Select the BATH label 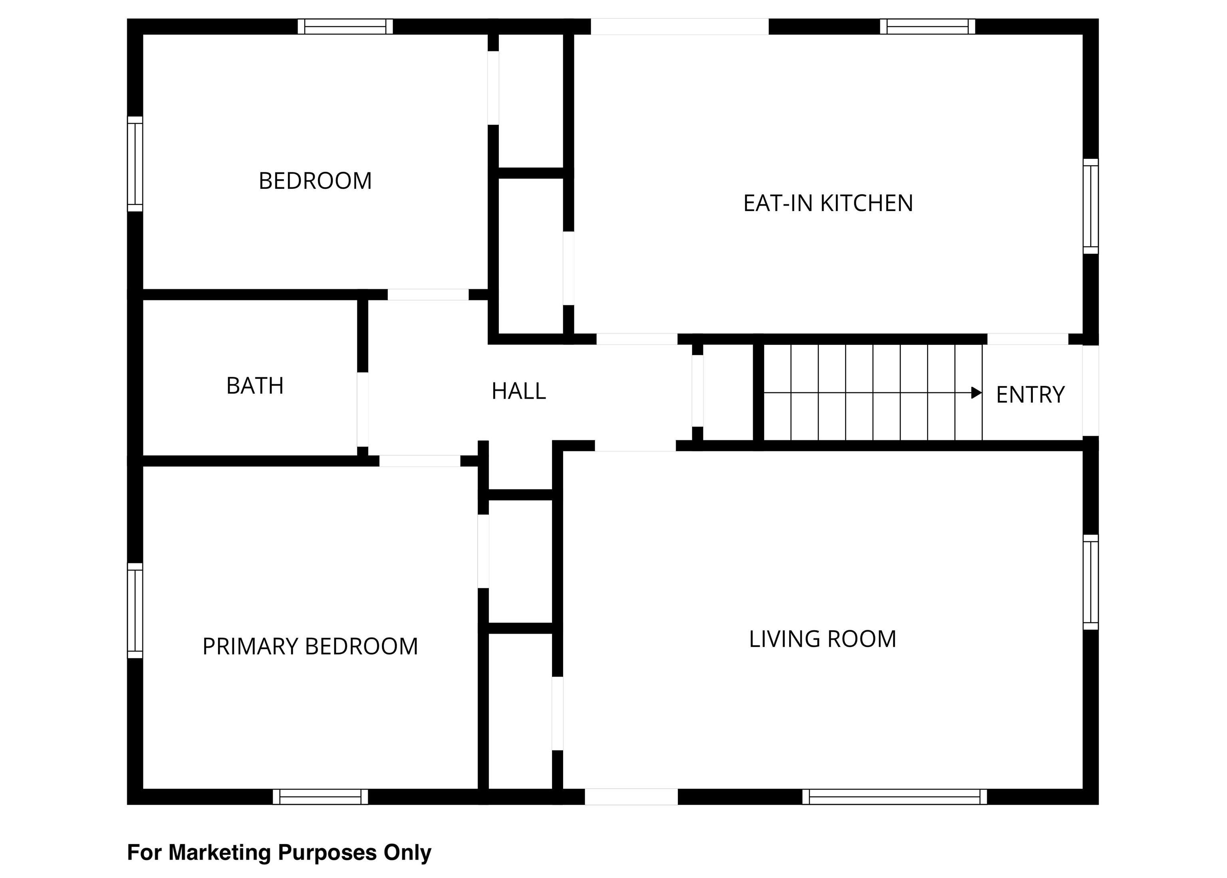coord(255,386)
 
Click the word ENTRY coord(1030,395)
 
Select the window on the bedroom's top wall coord(345,26)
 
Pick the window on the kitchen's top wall coord(927,26)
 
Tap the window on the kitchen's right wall coord(1091,206)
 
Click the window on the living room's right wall coord(1091,582)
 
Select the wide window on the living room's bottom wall coord(894,797)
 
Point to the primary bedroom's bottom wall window coord(320,797)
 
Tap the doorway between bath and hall coord(363,410)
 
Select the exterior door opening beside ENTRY coord(1091,390)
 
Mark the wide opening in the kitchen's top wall coord(679,26)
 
